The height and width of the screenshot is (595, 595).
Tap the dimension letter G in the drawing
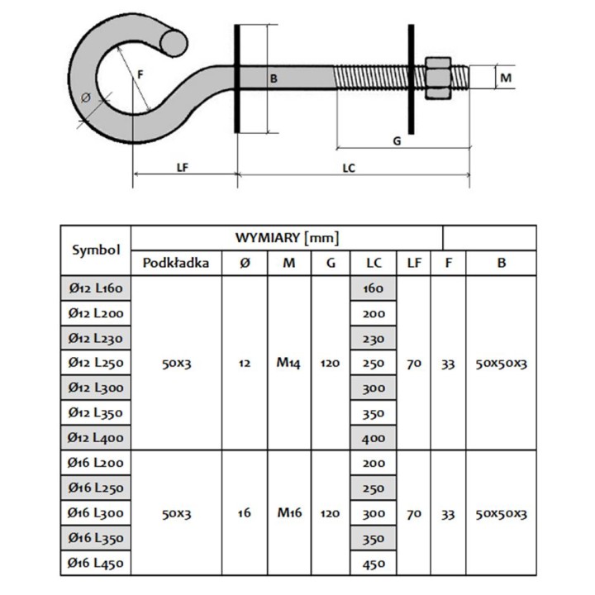pos(397,140)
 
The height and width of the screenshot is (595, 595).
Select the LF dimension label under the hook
pos(183,166)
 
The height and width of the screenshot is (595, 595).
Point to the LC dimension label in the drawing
pos(349,167)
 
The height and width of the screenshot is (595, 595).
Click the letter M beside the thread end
pos(507,78)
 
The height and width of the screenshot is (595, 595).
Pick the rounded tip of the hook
pos(174,40)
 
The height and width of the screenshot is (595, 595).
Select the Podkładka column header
pos(176,264)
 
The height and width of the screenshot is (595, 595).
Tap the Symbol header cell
pos(96,250)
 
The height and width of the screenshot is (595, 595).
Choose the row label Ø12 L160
pos(96,288)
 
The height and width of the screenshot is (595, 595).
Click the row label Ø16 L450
pos(96,564)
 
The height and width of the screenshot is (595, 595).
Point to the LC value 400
pos(374,438)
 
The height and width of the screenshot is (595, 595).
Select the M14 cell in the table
pos(288,363)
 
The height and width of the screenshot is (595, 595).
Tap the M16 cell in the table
pos(288,513)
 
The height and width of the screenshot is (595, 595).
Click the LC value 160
pos(374,288)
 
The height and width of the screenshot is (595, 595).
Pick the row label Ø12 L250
pos(96,363)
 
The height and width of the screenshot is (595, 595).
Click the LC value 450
pos(374,564)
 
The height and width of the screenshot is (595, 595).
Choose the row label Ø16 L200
pos(96,464)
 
